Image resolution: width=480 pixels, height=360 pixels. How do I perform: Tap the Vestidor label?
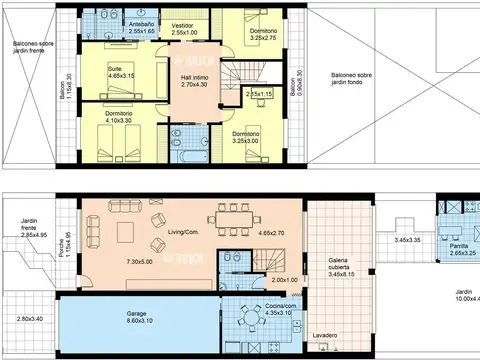[x=183, y=25]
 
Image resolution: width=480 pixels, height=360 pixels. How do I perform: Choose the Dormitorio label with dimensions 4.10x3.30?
[x=119, y=114]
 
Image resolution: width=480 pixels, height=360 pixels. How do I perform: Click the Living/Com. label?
[x=185, y=232]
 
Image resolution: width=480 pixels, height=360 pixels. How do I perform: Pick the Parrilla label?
[x=459, y=245]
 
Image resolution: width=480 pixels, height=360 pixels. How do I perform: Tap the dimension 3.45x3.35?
[x=412, y=240]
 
